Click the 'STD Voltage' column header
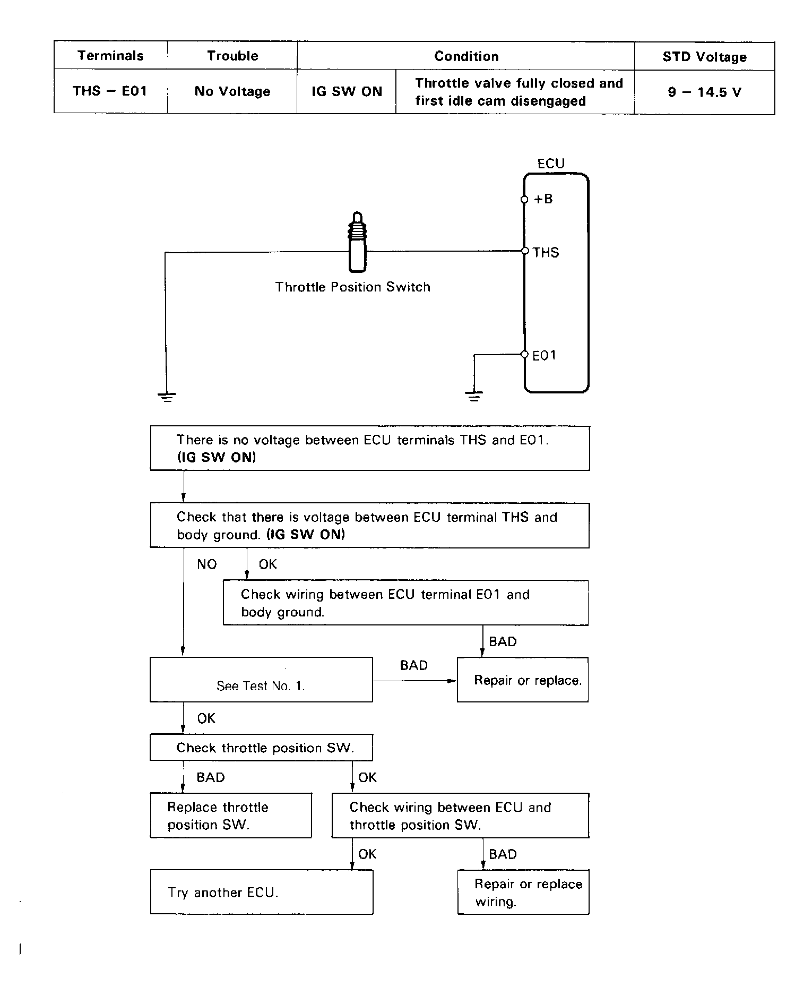click(704, 57)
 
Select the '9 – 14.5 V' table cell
click(704, 92)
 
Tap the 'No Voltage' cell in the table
click(232, 91)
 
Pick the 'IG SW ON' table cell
click(347, 91)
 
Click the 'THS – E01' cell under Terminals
click(110, 91)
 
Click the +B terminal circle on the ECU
click(524, 200)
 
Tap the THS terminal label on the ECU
click(546, 252)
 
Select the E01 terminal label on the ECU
click(544, 355)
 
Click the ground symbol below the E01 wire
click(474, 396)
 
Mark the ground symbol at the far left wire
click(167, 396)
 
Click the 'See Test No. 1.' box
click(261, 680)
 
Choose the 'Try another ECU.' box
click(261, 892)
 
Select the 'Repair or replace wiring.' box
click(523, 892)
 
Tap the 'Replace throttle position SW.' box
click(230, 816)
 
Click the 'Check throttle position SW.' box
click(261, 748)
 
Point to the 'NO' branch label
click(207, 564)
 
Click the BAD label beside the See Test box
click(413, 665)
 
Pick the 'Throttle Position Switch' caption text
click(352, 287)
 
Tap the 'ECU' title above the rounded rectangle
click(551, 164)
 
